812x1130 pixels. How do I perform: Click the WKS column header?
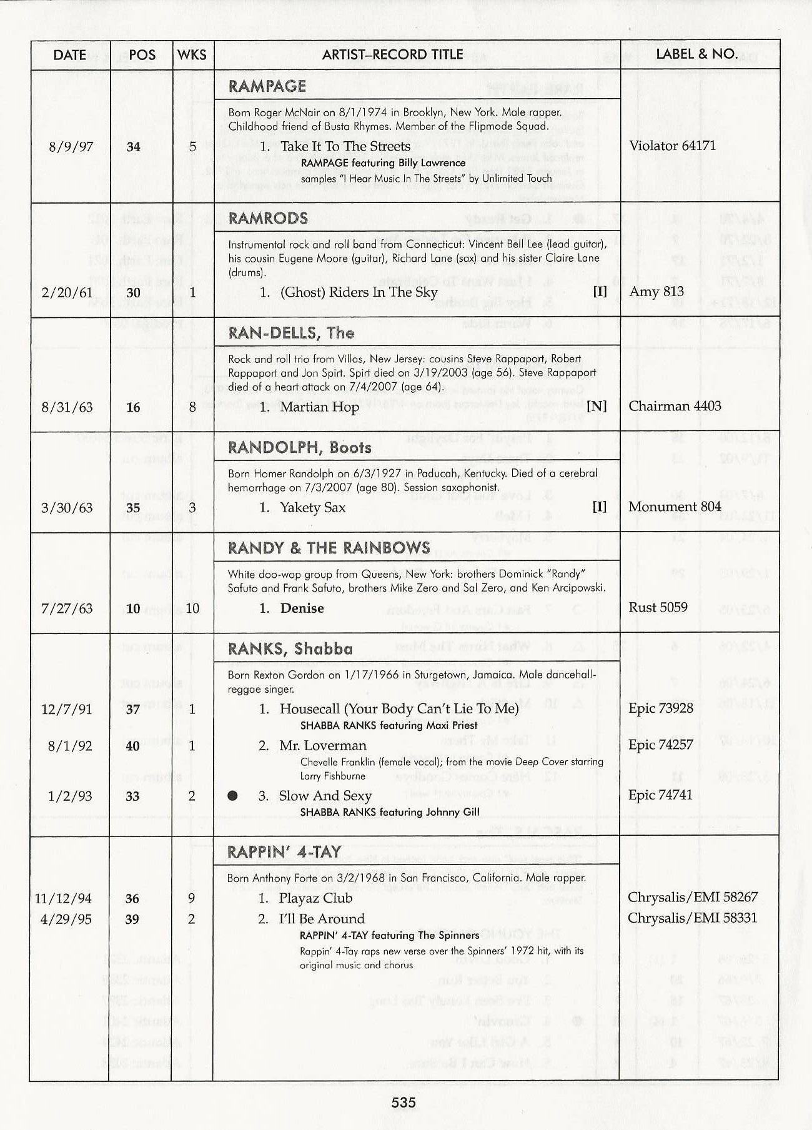tap(192, 55)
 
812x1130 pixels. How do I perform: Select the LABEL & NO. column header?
tap(696, 54)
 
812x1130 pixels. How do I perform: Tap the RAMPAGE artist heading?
tap(267, 86)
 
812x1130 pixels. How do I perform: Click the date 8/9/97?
tap(71, 147)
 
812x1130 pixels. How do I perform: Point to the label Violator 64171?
tap(672, 146)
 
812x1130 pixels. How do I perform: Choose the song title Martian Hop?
tap(319, 407)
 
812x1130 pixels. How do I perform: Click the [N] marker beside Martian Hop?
tap(597, 407)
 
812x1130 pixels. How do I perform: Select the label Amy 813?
tap(656, 292)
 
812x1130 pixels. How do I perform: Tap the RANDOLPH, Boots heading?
tap(300, 447)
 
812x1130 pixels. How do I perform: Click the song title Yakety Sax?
tap(312, 507)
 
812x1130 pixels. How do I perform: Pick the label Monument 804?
tap(675, 507)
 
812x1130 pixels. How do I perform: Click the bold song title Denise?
tap(302, 608)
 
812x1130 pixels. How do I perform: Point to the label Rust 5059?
tap(658, 607)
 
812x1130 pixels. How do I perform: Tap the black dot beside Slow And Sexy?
tap(233, 796)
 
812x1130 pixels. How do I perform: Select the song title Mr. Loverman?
tap(323, 745)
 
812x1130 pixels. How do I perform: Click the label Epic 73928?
tap(661, 708)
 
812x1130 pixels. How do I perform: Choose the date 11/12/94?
tap(63, 898)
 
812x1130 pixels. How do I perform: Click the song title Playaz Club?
tap(315, 898)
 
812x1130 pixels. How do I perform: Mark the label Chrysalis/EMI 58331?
tap(693, 918)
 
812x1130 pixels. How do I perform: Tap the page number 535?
tap(404, 1103)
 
